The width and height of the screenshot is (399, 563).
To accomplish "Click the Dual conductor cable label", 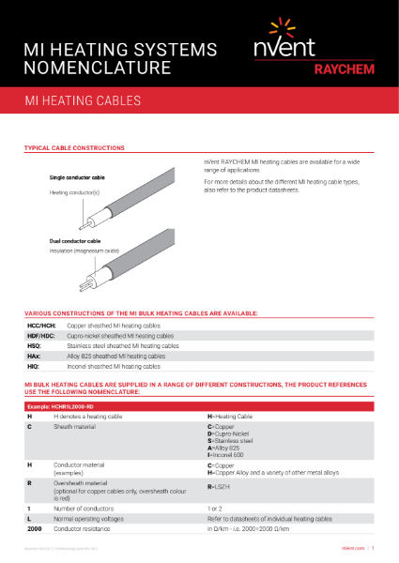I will pyautogui.click(x=75, y=241).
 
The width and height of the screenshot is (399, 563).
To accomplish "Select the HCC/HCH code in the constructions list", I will pyautogui.click(x=40, y=324).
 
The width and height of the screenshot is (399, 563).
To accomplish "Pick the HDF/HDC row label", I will pyautogui.click(x=40, y=335).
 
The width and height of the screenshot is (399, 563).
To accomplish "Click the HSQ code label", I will pyautogui.click(x=35, y=346).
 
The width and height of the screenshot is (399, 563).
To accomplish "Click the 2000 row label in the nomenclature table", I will pyautogui.click(x=35, y=529).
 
